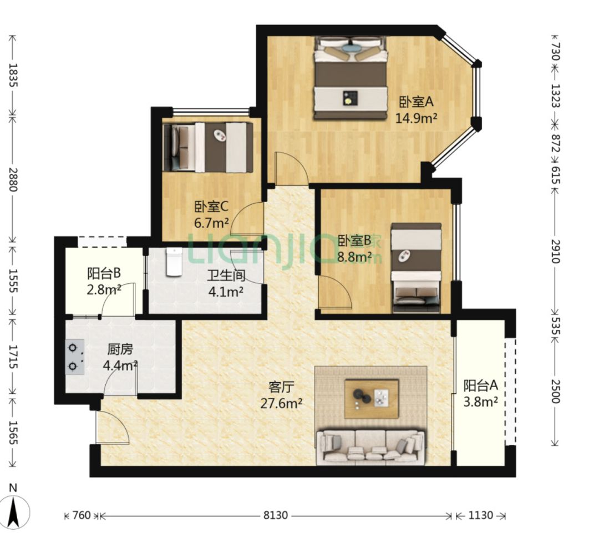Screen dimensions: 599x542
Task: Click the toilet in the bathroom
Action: [x=174, y=262]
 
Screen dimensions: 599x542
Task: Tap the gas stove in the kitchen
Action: [x=75, y=357]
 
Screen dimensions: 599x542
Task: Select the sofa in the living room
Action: [x=370, y=446]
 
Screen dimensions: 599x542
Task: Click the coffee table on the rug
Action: [x=372, y=399]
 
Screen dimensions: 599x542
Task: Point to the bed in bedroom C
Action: [x=208, y=147]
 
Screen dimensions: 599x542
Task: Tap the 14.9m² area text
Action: [x=416, y=118]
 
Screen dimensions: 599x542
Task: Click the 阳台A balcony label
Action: [x=480, y=385]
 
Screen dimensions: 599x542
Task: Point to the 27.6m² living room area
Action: [x=282, y=403]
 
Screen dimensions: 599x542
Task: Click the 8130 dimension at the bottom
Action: [x=276, y=515]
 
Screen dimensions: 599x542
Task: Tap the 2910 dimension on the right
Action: [x=555, y=252]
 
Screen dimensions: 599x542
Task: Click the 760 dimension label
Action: [x=82, y=515]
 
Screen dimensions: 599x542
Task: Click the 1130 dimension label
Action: [x=480, y=515]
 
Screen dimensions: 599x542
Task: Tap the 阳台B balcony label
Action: [x=104, y=273]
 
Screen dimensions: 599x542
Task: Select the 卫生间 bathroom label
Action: [x=226, y=275]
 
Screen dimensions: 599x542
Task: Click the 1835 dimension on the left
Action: [x=13, y=75]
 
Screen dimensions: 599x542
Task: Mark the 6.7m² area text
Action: [x=212, y=223]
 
